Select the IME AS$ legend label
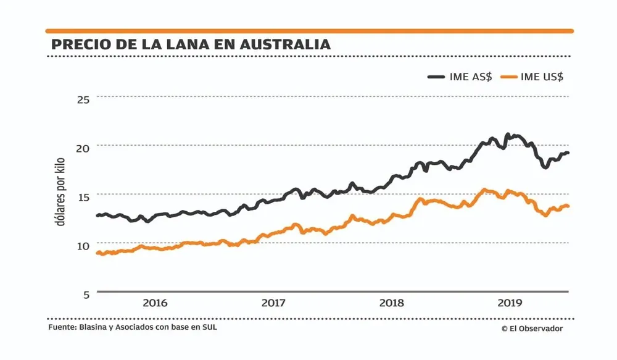(471, 77)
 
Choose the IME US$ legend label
(542, 77)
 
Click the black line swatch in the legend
(436, 77)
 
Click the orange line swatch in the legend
(507, 77)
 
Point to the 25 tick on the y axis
(82, 99)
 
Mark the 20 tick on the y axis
(82, 148)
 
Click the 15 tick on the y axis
(82, 196)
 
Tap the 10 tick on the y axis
(82, 245)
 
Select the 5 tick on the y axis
(86, 294)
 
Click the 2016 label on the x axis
(155, 303)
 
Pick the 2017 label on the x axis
(273, 303)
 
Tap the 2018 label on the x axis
(392, 303)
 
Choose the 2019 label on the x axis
(510, 303)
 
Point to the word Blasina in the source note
(94, 327)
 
